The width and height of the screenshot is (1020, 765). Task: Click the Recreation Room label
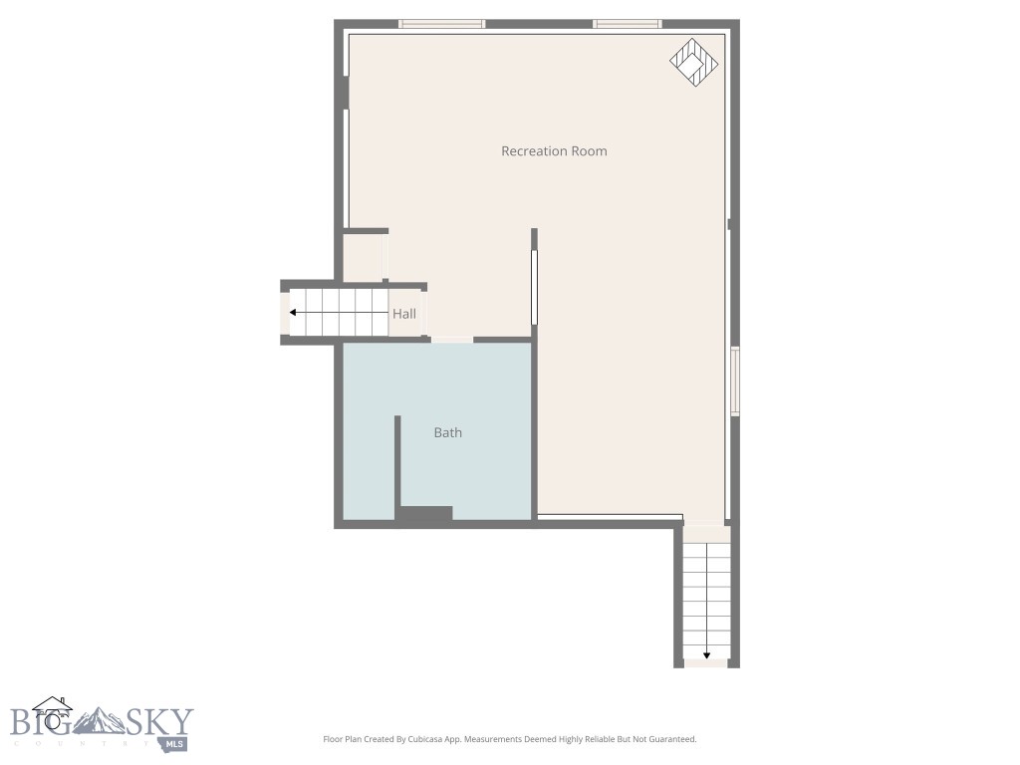[x=554, y=151]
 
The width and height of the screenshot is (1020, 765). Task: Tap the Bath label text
[x=447, y=432]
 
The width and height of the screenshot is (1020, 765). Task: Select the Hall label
[x=403, y=314]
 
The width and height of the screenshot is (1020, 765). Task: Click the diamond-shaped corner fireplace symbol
[x=694, y=62]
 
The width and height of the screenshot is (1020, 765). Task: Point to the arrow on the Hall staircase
[x=339, y=313]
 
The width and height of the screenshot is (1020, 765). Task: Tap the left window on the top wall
[x=441, y=24]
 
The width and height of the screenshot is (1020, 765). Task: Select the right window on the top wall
[x=627, y=24]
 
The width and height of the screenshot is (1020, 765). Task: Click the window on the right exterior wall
[x=735, y=380]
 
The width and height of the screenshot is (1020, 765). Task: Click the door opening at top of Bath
[x=451, y=340]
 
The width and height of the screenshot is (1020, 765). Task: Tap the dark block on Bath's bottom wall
[x=425, y=514]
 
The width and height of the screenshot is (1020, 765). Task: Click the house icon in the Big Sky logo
[x=52, y=711]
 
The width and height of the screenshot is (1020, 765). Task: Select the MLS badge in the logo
[x=175, y=743]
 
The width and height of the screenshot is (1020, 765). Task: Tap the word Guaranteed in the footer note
[x=669, y=739]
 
